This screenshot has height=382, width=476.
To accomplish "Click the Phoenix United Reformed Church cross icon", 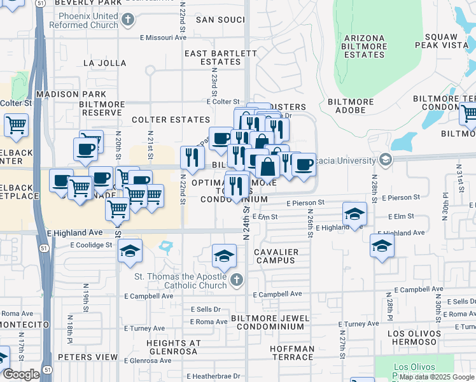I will coord(128,20).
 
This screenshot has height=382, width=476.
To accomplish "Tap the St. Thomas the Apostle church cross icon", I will coord(236,279).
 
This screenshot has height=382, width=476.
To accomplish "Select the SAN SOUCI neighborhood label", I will coord(220,20).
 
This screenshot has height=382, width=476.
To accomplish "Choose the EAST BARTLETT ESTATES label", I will coord(213,58).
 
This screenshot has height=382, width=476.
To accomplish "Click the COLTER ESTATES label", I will coord(171,120).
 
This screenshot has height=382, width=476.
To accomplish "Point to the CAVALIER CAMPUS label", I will coord(276,257).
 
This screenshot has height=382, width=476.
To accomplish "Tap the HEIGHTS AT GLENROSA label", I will coord(174,348).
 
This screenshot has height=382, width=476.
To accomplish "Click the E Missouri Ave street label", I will coord(163,38).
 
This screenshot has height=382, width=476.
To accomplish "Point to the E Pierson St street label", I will coord(305,202).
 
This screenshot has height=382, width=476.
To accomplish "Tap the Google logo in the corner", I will coord(21,374).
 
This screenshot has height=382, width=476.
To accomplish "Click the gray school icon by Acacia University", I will coord(384,159).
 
